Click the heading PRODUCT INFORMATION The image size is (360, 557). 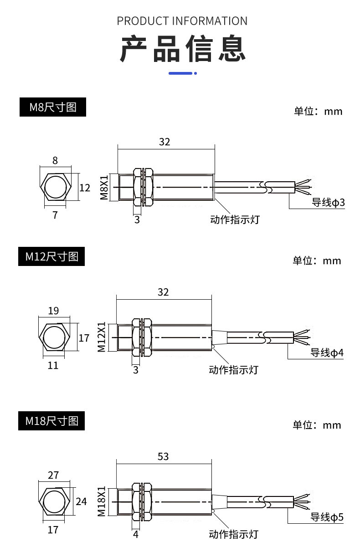pos(182,21)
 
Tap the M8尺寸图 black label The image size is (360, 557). pos(52,107)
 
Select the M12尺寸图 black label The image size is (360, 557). pos(51,257)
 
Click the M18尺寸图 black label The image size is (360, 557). pos(51,421)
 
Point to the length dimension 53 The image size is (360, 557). pos(163,456)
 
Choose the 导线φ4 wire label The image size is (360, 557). pos(327,353)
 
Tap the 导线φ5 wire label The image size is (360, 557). pos(327,517)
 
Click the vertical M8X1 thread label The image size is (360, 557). pos(104,188)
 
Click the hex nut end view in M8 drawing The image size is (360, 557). pos(56,187)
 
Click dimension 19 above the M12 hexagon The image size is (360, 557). pos(53,311)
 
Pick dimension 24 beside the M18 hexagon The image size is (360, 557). pos(81,501)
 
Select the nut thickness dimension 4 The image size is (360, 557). pos(135,534)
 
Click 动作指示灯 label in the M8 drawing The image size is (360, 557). pos(234,220)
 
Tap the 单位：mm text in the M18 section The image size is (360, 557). pos(317,425)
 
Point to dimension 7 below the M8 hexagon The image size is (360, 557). pos(55,215)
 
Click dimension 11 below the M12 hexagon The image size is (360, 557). pos(53,365)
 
